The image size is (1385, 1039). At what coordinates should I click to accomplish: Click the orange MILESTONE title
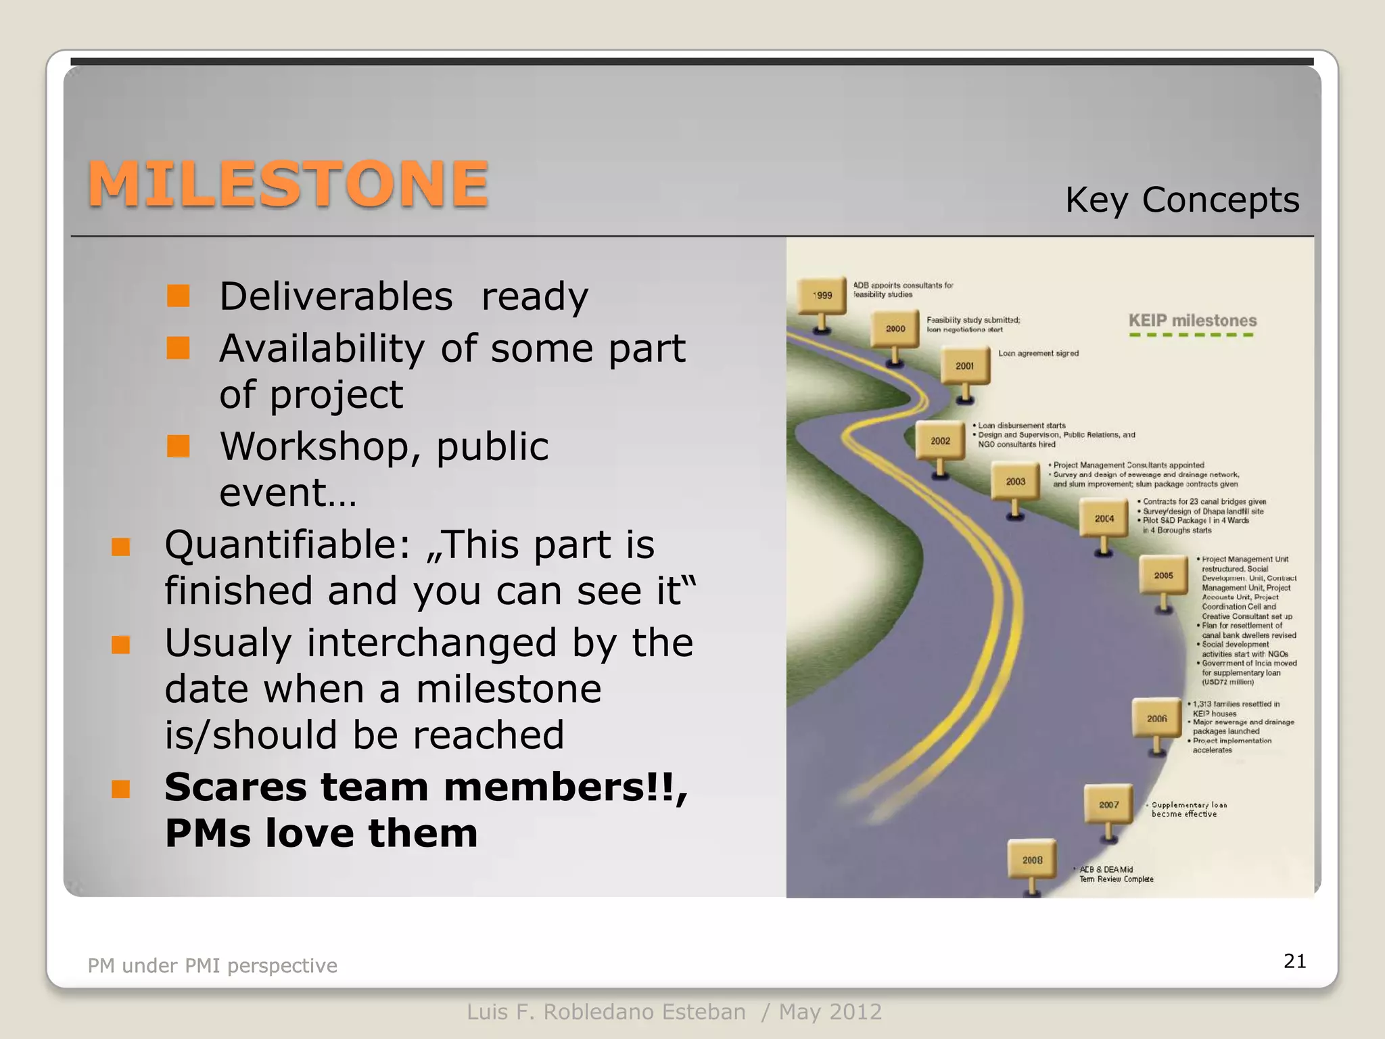tap(288, 184)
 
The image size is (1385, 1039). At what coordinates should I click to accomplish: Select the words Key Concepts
tap(1181, 200)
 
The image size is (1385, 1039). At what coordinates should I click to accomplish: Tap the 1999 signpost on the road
tap(822, 296)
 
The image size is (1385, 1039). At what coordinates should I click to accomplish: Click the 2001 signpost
tap(965, 366)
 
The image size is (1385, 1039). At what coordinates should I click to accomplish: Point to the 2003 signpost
tap(1015, 481)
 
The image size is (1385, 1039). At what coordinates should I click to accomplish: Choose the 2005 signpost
tap(1163, 576)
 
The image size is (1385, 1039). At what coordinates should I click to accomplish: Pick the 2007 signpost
tap(1108, 804)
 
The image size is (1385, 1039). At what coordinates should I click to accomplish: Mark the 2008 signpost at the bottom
tap(1032, 860)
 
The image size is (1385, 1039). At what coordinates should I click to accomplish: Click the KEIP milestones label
tap(1192, 321)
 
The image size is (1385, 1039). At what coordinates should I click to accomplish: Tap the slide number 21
tap(1294, 961)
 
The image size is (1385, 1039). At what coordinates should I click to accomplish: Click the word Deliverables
tap(336, 296)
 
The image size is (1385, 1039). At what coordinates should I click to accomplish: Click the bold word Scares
tap(236, 787)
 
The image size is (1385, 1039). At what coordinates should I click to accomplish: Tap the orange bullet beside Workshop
tap(179, 446)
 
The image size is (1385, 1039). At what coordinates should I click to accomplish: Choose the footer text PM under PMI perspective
tap(212, 965)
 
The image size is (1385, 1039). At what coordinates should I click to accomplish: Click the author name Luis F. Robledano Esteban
tap(606, 1012)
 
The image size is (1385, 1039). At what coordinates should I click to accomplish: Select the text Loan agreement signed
tap(1038, 353)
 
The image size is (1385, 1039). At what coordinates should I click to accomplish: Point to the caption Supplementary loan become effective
tap(1188, 809)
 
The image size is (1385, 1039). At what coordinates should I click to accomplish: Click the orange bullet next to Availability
tap(179, 348)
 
